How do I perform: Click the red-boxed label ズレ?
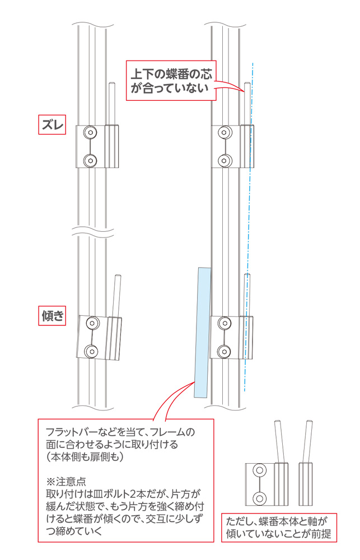click(x=52, y=125)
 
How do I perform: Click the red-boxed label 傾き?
click(x=52, y=316)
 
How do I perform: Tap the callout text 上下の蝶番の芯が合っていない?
click(x=171, y=81)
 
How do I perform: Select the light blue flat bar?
click(x=203, y=332)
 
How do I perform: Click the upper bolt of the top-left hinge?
click(x=90, y=133)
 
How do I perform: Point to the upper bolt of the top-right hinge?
click(x=225, y=133)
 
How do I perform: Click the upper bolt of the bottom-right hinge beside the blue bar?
click(x=225, y=324)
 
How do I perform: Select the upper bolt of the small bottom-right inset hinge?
click(x=260, y=471)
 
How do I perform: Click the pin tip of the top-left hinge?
click(x=111, y=83)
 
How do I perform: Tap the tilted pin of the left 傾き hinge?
click(x=116, y=296)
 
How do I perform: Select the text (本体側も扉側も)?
click(x=85, y=457)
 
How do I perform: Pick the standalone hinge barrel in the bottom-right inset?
click(x=306, y=484)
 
